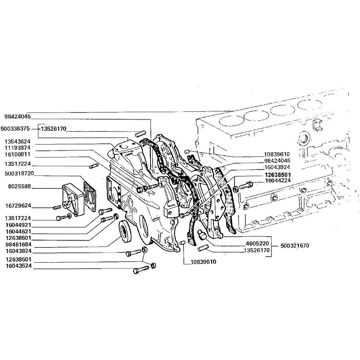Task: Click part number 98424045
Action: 18,117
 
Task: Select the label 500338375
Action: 15,129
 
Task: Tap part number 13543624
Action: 18,142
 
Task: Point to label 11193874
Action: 18,148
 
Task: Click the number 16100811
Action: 18,155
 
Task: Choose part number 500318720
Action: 19,174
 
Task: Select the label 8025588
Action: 19,186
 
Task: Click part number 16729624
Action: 18,206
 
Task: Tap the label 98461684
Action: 18,245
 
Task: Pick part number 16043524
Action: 19,266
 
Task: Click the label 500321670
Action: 295,246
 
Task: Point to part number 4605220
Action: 257,243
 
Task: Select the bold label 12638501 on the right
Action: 278,175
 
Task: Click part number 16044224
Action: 278,180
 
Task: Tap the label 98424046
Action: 277,161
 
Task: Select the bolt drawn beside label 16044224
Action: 246,185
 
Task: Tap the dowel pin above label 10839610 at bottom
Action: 183,243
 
